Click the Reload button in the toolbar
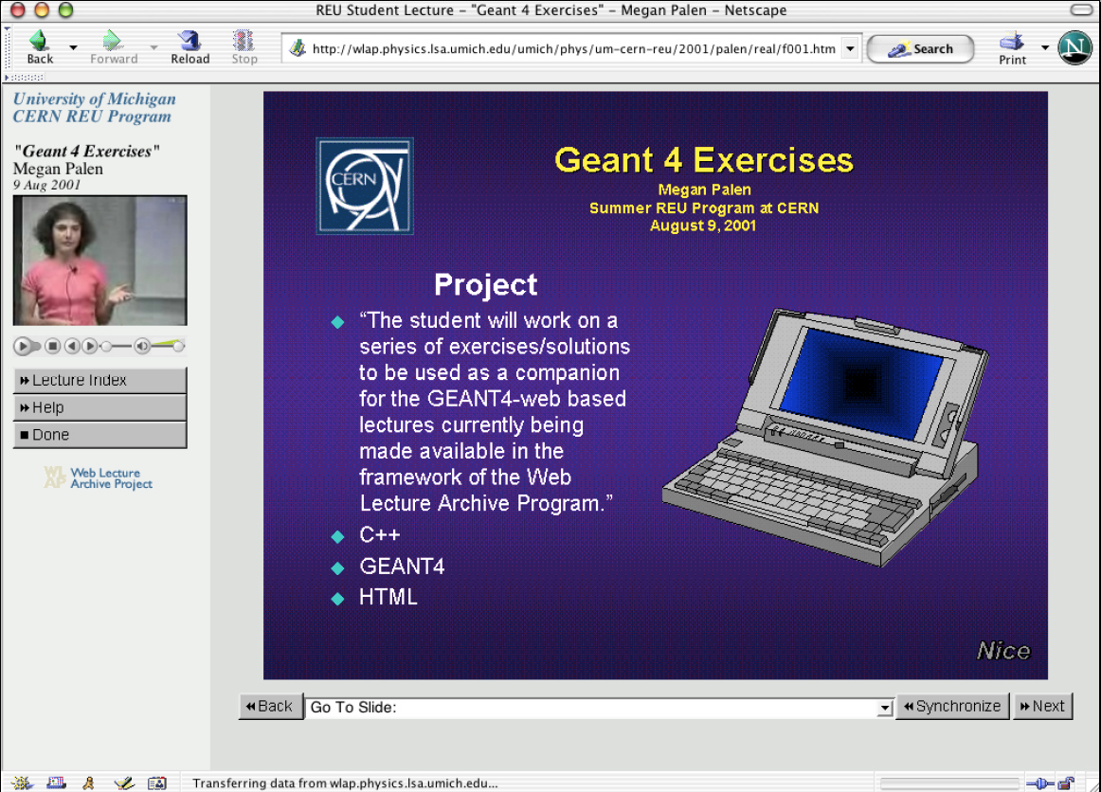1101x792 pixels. [x=190, y=45]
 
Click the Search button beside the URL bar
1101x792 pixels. [x=920, y=49]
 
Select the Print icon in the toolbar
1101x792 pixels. [x=1012, y=46]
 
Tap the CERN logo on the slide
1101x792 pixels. [x=365, y=186]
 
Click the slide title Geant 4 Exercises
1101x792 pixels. [x=703, y=159]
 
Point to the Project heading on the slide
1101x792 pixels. [x=485, y=284]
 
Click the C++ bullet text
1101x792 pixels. [x=380, y=535]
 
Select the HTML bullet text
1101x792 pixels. [x=388, y=598]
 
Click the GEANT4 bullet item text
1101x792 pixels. [x=402, y=567]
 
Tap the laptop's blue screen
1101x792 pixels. [x=860, y=381]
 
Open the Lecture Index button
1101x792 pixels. [x=99, y=380]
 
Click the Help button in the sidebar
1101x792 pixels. [x=99, y=407]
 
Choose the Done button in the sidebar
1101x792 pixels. [x=99, y=435]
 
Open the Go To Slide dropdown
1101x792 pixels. [x=599, y=707]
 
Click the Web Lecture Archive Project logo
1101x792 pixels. [x=99, y=478]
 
